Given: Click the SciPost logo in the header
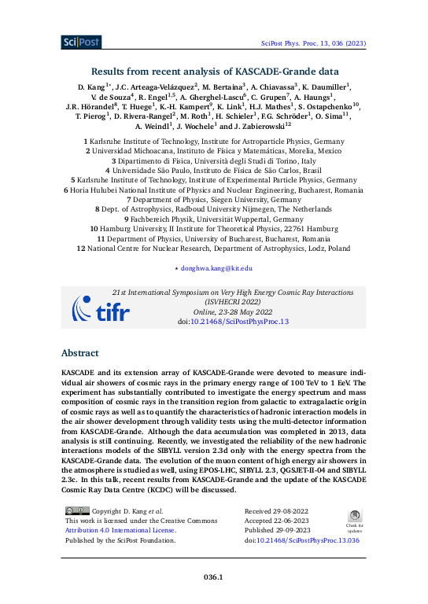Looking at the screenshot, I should pyautogui.click(x=80, y=42).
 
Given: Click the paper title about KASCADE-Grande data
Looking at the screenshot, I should pyautogui.click(x=213, y=69).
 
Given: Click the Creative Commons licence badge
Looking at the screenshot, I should pyautogui.click(x=77, y=511).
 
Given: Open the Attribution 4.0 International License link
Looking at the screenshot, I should pyautogui.click(x=120, y=531).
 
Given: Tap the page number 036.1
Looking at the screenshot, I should pyautogui.click(x=213, y=577).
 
